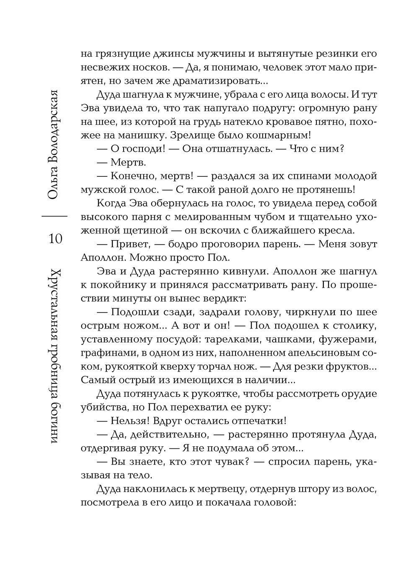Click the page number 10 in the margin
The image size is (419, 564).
point(55,238)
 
